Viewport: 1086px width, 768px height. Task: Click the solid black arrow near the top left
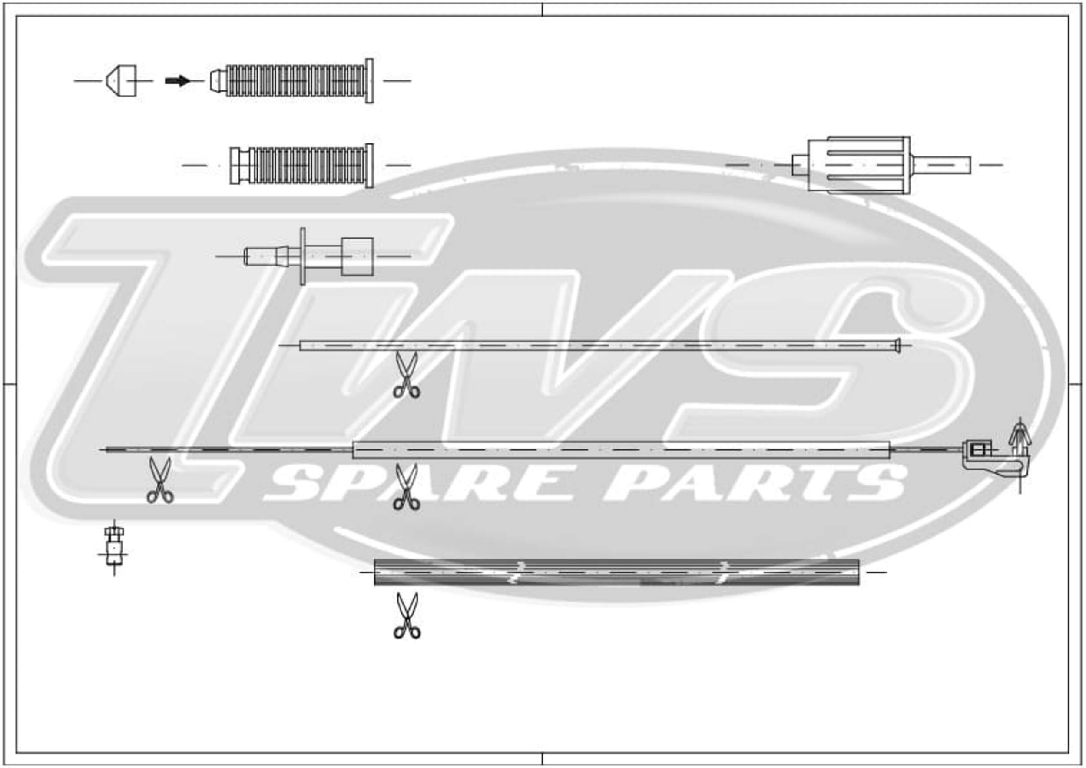177,81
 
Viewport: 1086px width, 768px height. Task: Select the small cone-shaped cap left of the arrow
121,81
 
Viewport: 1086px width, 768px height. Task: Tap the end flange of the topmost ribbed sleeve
369,81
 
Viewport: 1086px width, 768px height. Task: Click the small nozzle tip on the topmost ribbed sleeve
218,81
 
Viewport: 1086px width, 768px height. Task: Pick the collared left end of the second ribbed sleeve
239,166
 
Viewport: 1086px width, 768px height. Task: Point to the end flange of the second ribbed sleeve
369,166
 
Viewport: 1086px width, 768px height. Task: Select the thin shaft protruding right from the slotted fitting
941,165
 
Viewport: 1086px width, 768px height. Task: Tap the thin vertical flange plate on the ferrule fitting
303,256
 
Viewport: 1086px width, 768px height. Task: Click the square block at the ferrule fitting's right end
357,256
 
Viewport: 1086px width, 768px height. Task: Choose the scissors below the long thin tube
406,375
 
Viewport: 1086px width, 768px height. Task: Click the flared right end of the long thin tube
897,346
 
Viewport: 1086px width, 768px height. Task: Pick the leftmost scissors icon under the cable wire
160,480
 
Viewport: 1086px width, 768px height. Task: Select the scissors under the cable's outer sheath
406,487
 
